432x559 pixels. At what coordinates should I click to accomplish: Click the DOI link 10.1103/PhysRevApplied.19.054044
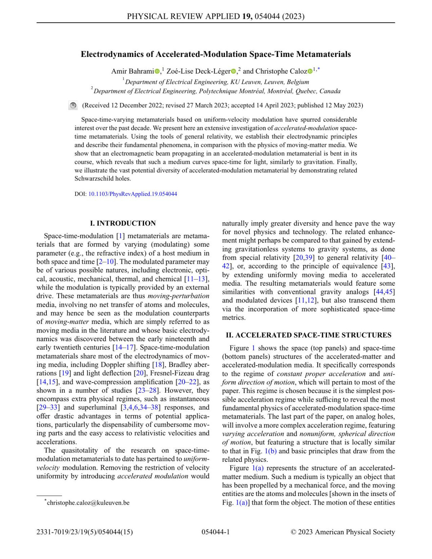(132, 194)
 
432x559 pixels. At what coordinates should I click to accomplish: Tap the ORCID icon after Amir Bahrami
(157, 71)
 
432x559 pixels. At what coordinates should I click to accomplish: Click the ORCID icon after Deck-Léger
(233, 71)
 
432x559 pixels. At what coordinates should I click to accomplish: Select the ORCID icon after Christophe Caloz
(310, 71)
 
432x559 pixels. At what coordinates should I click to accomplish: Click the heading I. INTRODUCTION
(123, 223)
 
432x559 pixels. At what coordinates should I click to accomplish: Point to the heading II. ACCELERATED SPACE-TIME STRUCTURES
(309, 335)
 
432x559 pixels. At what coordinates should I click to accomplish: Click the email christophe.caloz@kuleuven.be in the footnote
(88, 502)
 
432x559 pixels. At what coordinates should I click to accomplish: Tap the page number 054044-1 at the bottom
(216, 532)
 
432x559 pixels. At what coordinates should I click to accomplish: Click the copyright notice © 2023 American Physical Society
(343, 532)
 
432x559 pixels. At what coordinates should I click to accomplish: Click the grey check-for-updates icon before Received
(73, 106)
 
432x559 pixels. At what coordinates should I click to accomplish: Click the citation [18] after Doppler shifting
(159, 365)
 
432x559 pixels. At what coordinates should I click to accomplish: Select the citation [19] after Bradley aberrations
(65, 373)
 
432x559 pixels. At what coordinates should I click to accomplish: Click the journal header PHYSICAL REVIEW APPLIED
(183, 16)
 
